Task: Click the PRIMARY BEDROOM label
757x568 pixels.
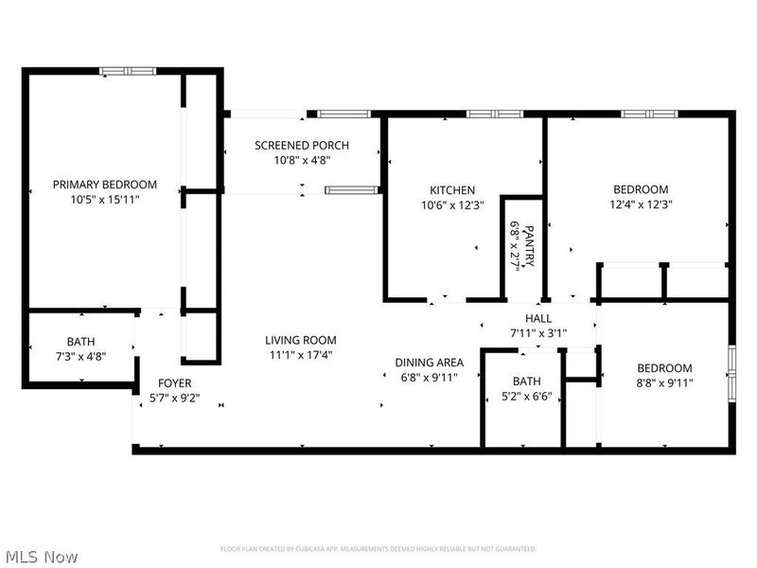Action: pyautogui.click(x=104, y=185)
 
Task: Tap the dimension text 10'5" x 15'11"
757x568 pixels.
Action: pyautogui.click(x=104, y=200)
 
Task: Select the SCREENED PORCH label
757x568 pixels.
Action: pyautogui.click(x=302, y=145)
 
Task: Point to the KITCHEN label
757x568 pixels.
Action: pyautogui.click(x=452, y=190)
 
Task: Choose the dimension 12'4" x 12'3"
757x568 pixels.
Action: pyautogui.click(x=640, y=204)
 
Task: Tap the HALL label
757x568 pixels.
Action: pyautogui.click(x=538, y=319)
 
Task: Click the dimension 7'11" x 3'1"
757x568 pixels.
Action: pyautogui.click(x=538, y=333)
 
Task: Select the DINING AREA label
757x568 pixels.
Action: pyautogui.click(x=429, y=363)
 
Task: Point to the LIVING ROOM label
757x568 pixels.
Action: pyautogui.click(x=300, y=341)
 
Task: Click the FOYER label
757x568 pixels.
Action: pyautogui.click(x=174, y=383)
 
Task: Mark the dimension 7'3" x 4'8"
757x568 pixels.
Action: pyautogui.click(x=80, y=357)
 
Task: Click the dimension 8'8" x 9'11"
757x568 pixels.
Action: pyautogui.click(x=663, y=383)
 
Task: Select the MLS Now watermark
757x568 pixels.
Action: pyautogui.click(x=42, y=557)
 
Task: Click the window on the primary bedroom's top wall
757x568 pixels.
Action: pyautogui.click(x=129, y=70)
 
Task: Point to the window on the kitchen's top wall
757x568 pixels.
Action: pyautogui.click(x=494, y=115)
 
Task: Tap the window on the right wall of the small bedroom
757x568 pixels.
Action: pyautogui.click(x=731, y=374)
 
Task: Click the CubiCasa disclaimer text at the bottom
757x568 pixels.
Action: pyautogui.click(x=378, y=549)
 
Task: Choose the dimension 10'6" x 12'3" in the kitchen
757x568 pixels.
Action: pyautogui.click(x=452, y=205)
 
